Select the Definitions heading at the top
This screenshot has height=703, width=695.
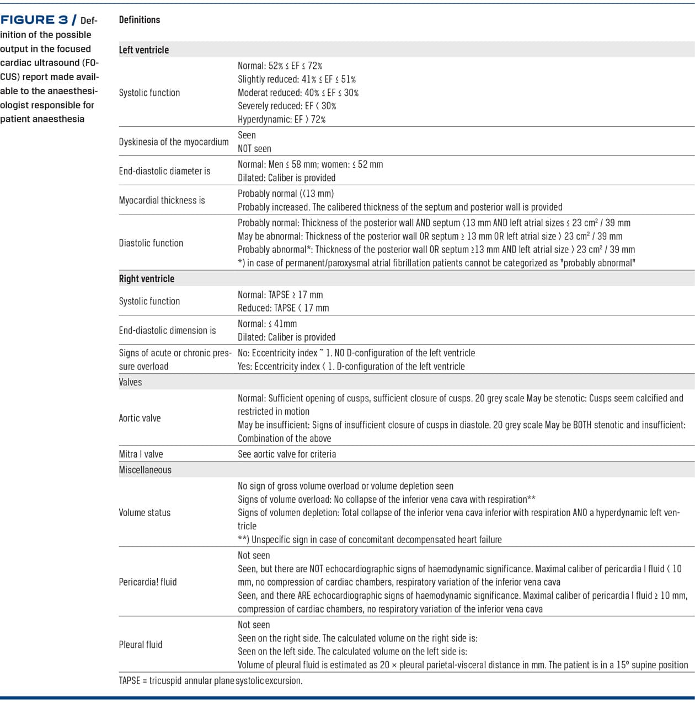coord(140,20)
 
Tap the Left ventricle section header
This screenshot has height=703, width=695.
coord(144,50)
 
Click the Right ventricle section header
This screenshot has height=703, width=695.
coord(147,278)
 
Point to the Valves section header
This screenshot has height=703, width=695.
coord(131,382)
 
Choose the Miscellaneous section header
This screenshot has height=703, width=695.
coord(145,470)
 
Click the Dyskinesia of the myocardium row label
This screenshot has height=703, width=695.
coord(174,142)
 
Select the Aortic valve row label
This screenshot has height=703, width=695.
coord(140,418)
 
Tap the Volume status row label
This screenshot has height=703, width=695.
coord(145,512)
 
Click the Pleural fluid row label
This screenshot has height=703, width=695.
coord(141,645)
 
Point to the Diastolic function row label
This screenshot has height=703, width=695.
coord(151,243)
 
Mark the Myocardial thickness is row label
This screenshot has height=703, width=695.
coord(162,200)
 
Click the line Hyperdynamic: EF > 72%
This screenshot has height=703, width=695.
coord(281,119)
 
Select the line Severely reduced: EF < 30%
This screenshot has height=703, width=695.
coord(287,106)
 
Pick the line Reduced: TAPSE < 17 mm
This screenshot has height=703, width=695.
coord(283,308)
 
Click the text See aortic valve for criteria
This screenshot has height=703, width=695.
coord(287,454)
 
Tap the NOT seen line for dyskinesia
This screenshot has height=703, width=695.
coord(254,148)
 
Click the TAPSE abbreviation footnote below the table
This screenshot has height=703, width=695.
coord(211,680)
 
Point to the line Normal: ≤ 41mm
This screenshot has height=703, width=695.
coord(267,324)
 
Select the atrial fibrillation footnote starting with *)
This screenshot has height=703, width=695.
coord(436,263)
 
